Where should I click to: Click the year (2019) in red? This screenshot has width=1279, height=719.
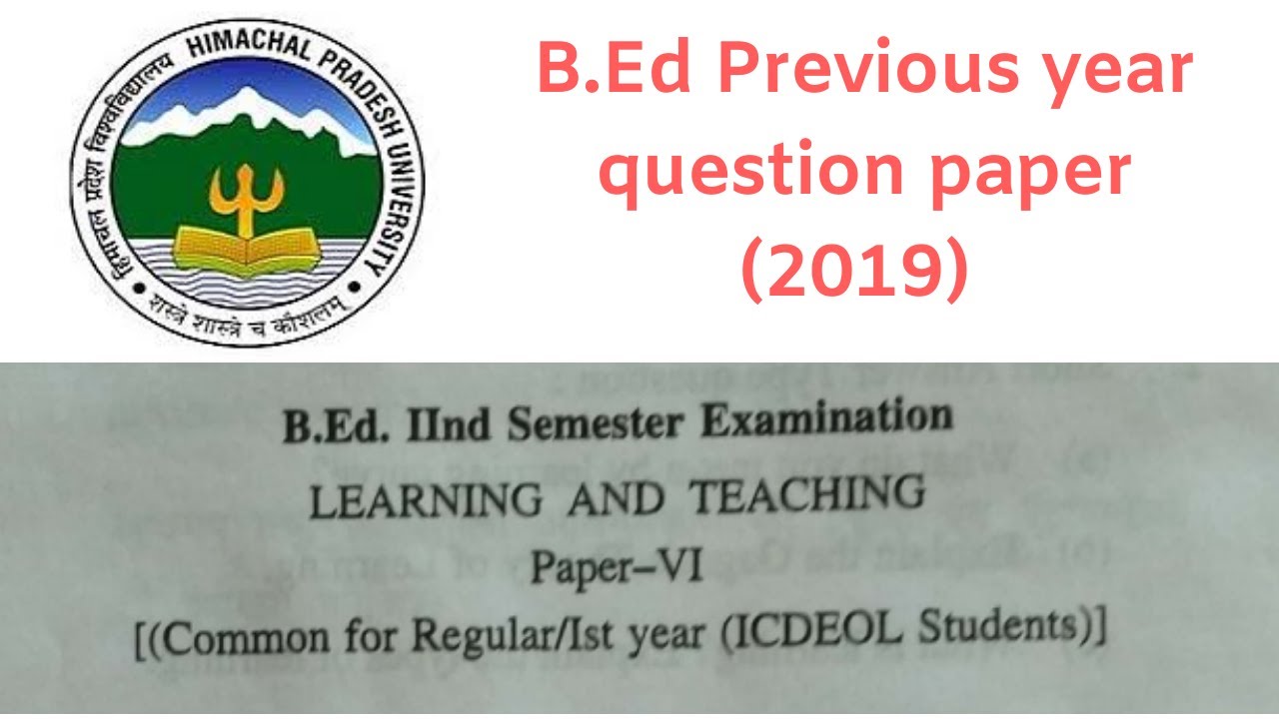(x=854, y=270)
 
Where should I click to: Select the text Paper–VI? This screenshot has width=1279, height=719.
(x=618, y=570)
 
